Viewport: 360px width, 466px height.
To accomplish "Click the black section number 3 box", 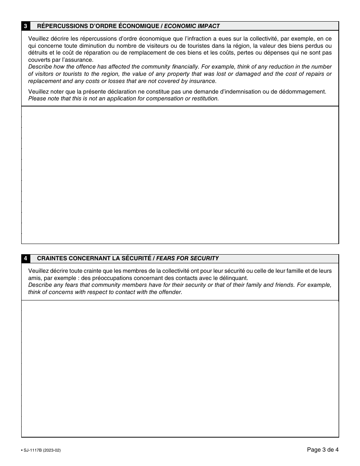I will click(25, 26).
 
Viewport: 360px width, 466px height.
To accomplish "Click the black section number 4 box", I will click(25, 258).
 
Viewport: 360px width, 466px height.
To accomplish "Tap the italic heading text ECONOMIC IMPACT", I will click(192, 26).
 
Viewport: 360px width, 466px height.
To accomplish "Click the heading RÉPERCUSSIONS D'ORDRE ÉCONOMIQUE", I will click(98, 26).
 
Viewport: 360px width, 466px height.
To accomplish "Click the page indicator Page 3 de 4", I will click(322, 450).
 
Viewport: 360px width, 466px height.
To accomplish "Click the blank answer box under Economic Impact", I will click(180, 175).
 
